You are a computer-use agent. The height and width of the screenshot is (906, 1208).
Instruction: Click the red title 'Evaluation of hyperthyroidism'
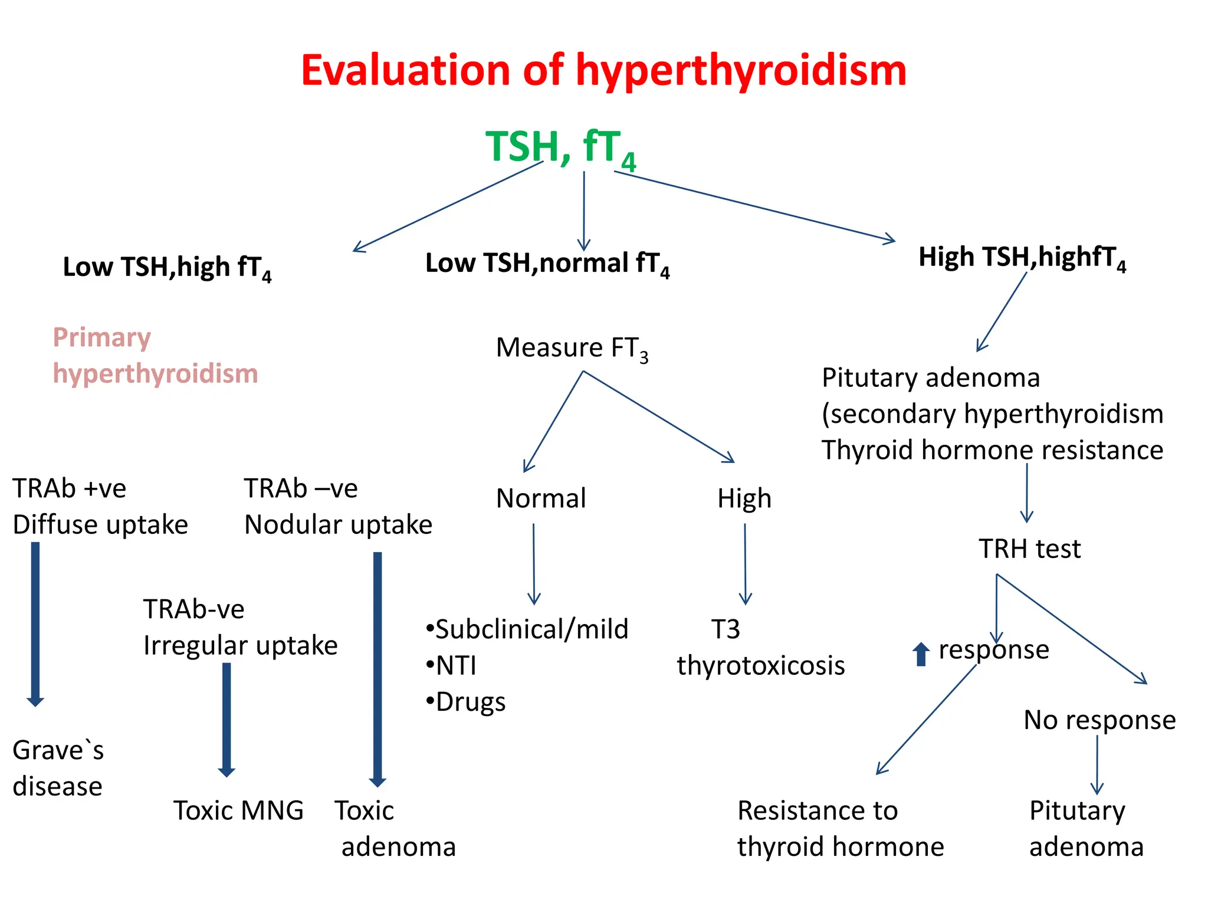(x=603, y=70)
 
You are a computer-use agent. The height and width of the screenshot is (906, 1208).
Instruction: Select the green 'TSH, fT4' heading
(x=560, y=147)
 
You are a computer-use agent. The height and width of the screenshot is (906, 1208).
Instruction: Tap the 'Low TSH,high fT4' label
(x=167, y=267)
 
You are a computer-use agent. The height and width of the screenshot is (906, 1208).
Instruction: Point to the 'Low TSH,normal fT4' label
(x=547, y=264)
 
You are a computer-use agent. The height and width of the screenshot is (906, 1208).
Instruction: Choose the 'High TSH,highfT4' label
(x=1022, y=258)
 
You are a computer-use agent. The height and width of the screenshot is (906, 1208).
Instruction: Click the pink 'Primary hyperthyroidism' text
(x=155, y=356)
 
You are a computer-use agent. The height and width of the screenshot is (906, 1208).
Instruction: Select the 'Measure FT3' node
(x=572, y=348)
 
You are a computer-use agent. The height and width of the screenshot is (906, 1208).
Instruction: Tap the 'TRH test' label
(x=1029, y=549)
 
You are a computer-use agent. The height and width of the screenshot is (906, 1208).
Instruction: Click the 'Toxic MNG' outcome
(x=238, y=810)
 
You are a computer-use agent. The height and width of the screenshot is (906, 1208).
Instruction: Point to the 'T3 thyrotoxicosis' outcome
(x=760, y=648)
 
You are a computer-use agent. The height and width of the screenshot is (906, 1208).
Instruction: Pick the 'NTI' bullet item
(x=452, y=666)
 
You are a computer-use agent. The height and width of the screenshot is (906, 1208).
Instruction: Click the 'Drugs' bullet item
(x=466, y=702)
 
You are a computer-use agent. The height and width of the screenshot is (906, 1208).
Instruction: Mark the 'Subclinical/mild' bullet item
(x=527, y=629)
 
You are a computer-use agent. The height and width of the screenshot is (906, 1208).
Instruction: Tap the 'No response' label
(x=1099, y=720)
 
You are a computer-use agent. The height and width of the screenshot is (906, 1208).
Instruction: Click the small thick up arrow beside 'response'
(x=920, y=654)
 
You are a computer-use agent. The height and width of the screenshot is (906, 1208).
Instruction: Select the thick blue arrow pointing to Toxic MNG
(x=226, y=720)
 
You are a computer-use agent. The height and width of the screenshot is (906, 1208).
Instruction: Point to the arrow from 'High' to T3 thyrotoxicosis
(x=745, y=564)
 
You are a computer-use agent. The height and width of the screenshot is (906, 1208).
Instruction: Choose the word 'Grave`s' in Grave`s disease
(x=58, y=751)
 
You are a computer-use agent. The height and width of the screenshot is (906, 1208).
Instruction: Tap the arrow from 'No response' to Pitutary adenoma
(x=1097, y=764)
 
